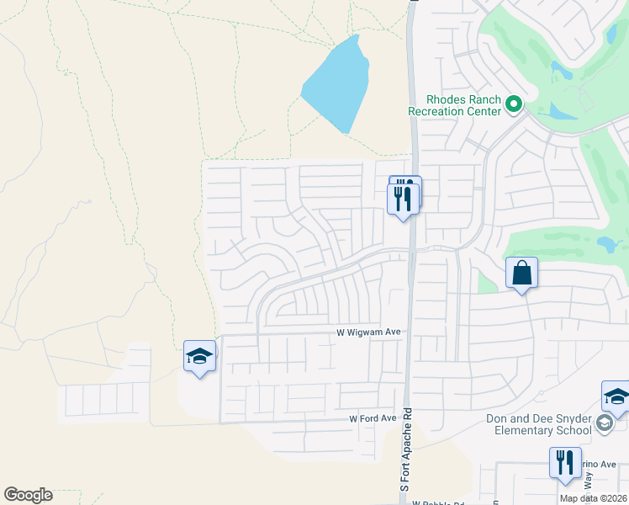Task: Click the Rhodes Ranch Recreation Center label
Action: pyautogui.click(x=454, y=104)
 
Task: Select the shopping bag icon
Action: pyautogui.click(x=521, y=273)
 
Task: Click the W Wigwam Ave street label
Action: pyautogui.click(x=369, y=332)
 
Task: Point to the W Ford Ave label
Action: pyautogui.click(x=373, y=418)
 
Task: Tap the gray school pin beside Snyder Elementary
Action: pyautogui.click(x=605, y=423)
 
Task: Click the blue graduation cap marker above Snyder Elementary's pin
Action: pyautogui.click(x=616, y=397)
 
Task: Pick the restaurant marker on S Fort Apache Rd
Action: pyautogui.click(x=404, y=198)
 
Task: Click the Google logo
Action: pyautogui.click(x=28, y=495)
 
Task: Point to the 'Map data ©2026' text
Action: pyautogui.click(x=593, y=498)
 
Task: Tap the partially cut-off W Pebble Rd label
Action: pyautogui.click(x=439, y=502)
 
